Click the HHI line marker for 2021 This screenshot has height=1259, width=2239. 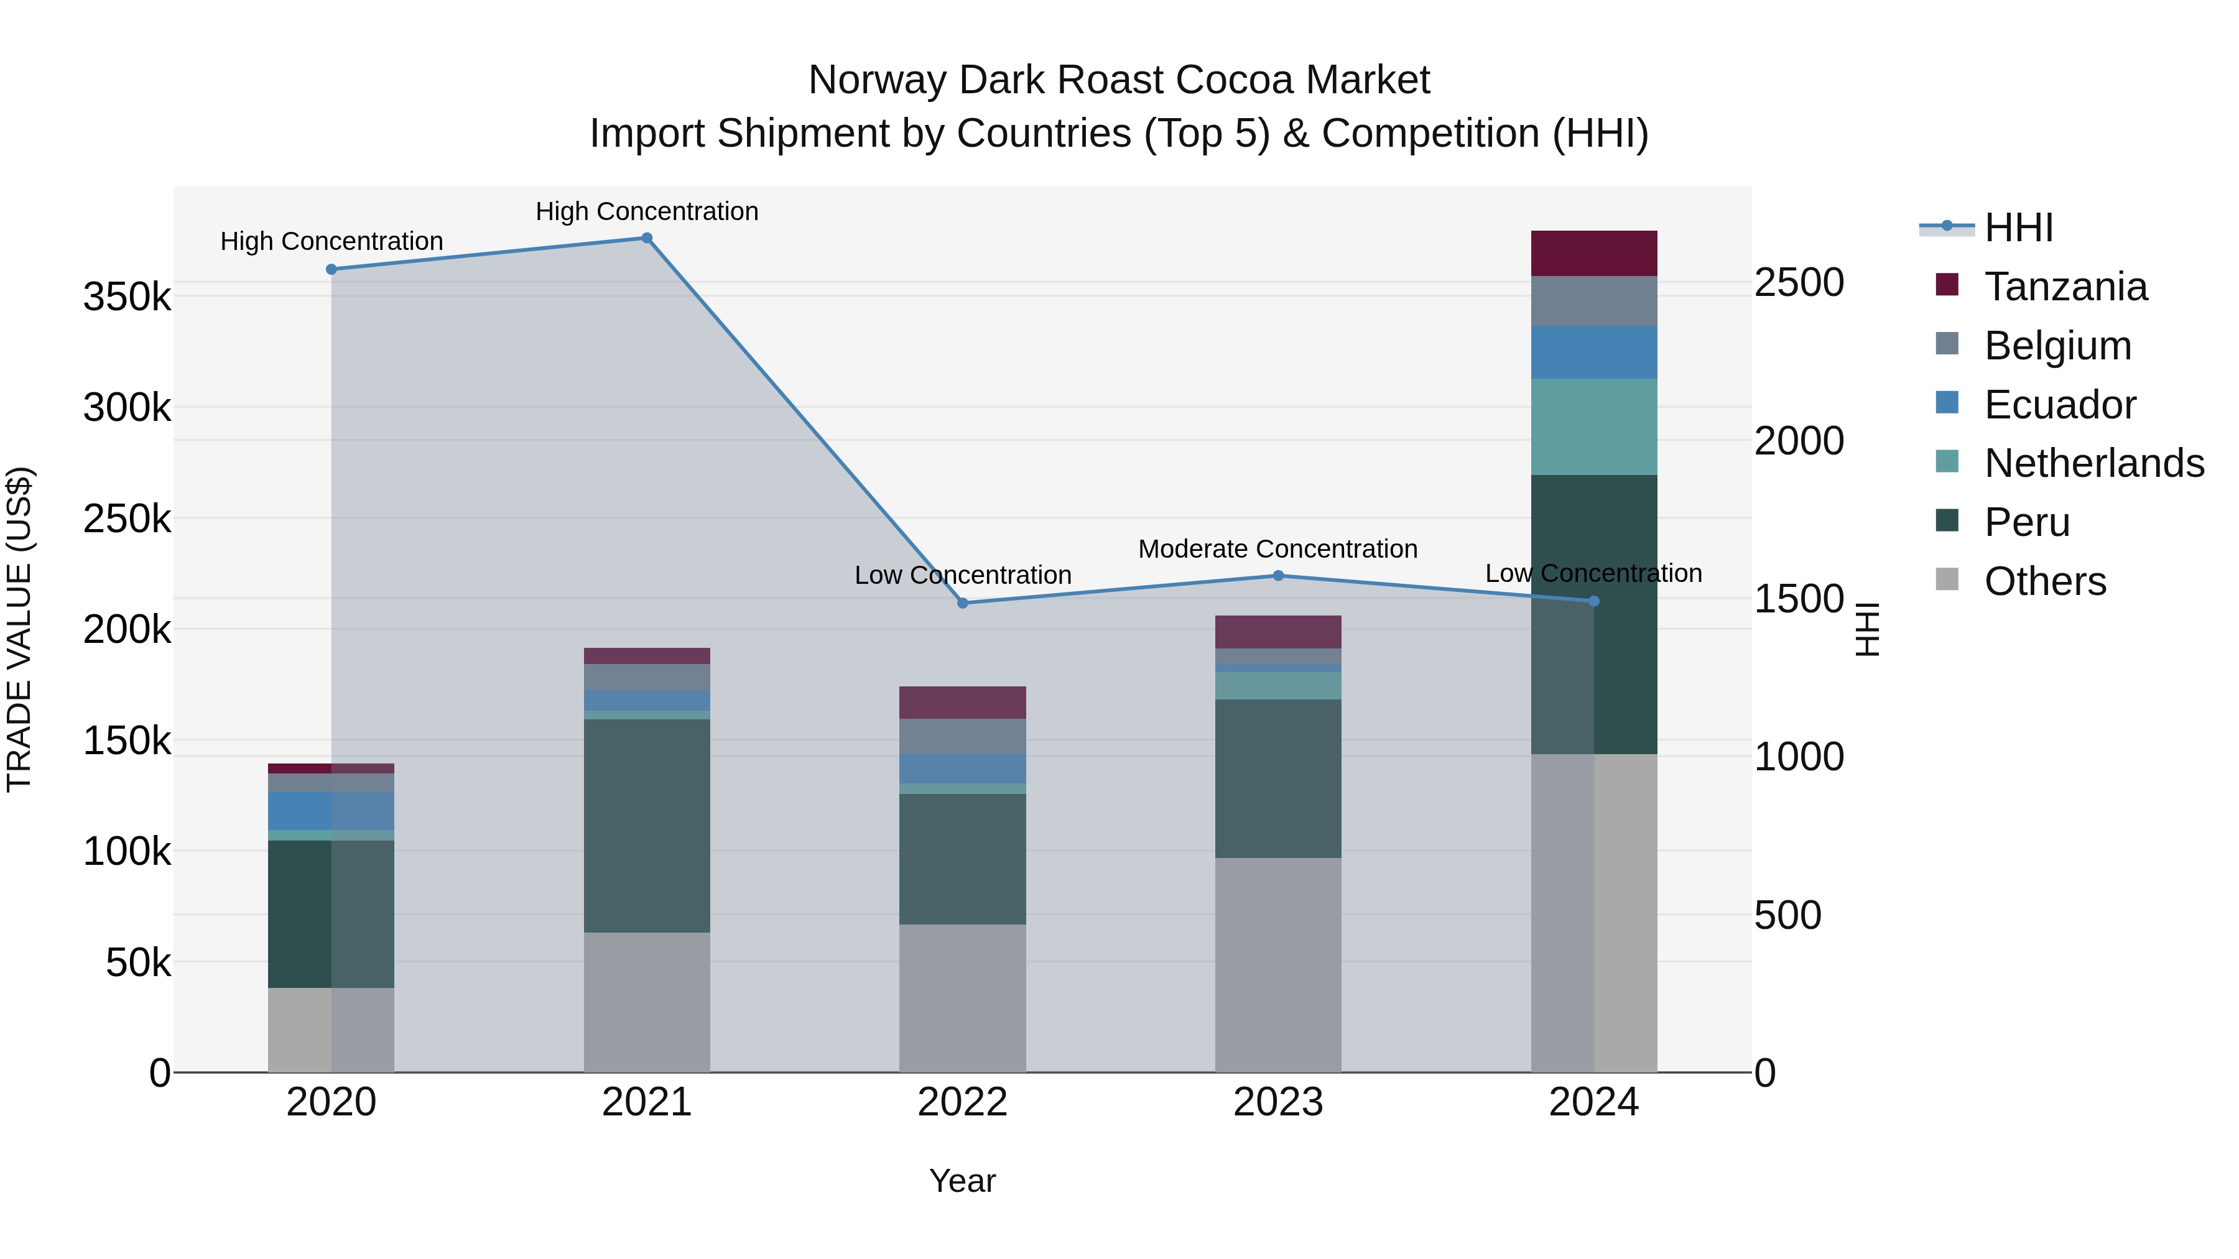[x=647, y=238]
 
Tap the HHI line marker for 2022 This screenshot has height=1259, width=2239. [x=962, y=603]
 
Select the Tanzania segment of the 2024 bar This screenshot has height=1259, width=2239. [x=1593, y=254]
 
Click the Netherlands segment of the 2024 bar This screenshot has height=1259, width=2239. [x=1593, y=427]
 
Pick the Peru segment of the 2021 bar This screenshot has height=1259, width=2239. [x=647, y=826]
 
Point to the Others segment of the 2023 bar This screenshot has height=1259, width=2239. [x=1277, y=964]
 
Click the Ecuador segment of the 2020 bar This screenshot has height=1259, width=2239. [x=330, y=811]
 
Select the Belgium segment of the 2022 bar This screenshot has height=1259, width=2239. [x=962, y=736]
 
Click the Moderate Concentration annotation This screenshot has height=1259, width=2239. [x=1277, y=549]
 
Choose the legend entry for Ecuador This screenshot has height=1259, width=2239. [x=2059, y=404]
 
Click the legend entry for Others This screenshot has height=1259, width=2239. [x=2044, y=581]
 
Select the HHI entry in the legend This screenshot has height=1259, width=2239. [x=2018, y=228]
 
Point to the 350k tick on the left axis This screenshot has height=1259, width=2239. [x=127, y=297]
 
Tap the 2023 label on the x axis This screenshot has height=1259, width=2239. [x=1277, y=1102]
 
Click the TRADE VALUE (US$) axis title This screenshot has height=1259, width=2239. [x=19, y=629]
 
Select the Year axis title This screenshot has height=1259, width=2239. [x=962, y=1181]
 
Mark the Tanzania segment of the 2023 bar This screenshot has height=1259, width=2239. [x=1277, y=632]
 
